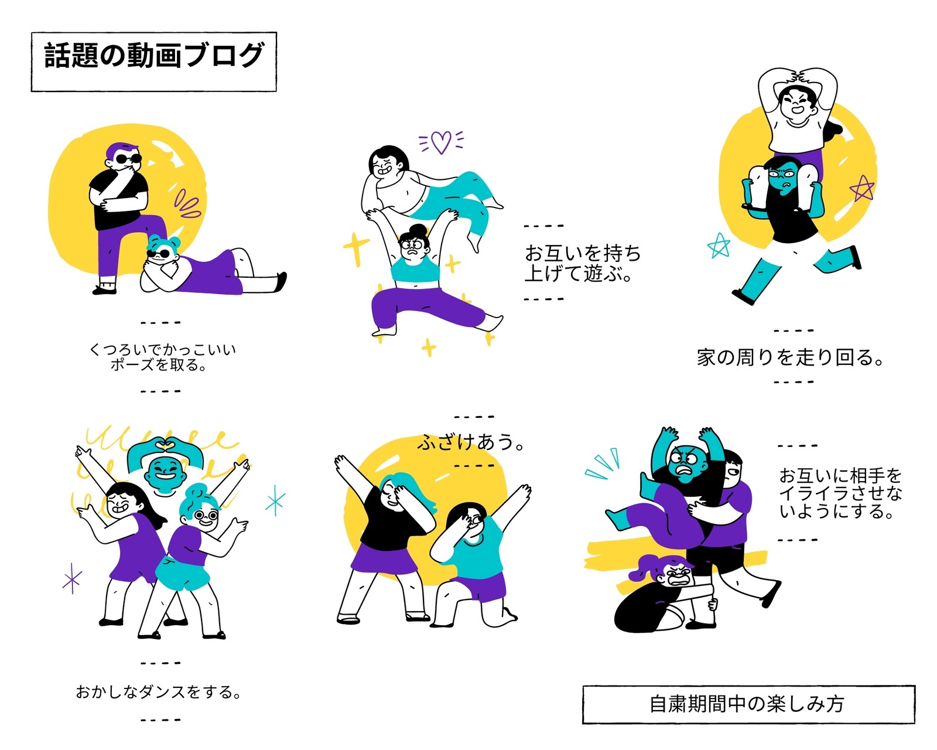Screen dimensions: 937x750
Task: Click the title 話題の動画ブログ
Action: [154, 55]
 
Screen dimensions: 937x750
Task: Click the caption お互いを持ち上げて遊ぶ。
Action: [583, 262]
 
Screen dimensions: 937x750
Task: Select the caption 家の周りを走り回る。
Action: [790, 357]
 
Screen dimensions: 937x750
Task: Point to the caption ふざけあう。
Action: [471, 442]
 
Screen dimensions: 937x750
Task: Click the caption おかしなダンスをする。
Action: [159, 691]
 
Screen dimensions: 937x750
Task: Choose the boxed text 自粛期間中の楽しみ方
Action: [747, 704]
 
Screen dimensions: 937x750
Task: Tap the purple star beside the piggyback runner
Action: [861, 188]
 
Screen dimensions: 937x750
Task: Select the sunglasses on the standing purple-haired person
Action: [129, 159]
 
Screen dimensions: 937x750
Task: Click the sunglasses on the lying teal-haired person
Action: [159, 254]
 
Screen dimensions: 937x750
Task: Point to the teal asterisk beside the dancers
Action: [276, 500]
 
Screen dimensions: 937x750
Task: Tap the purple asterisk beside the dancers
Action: [72, 578]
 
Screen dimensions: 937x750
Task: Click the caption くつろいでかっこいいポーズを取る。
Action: [162, 356]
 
